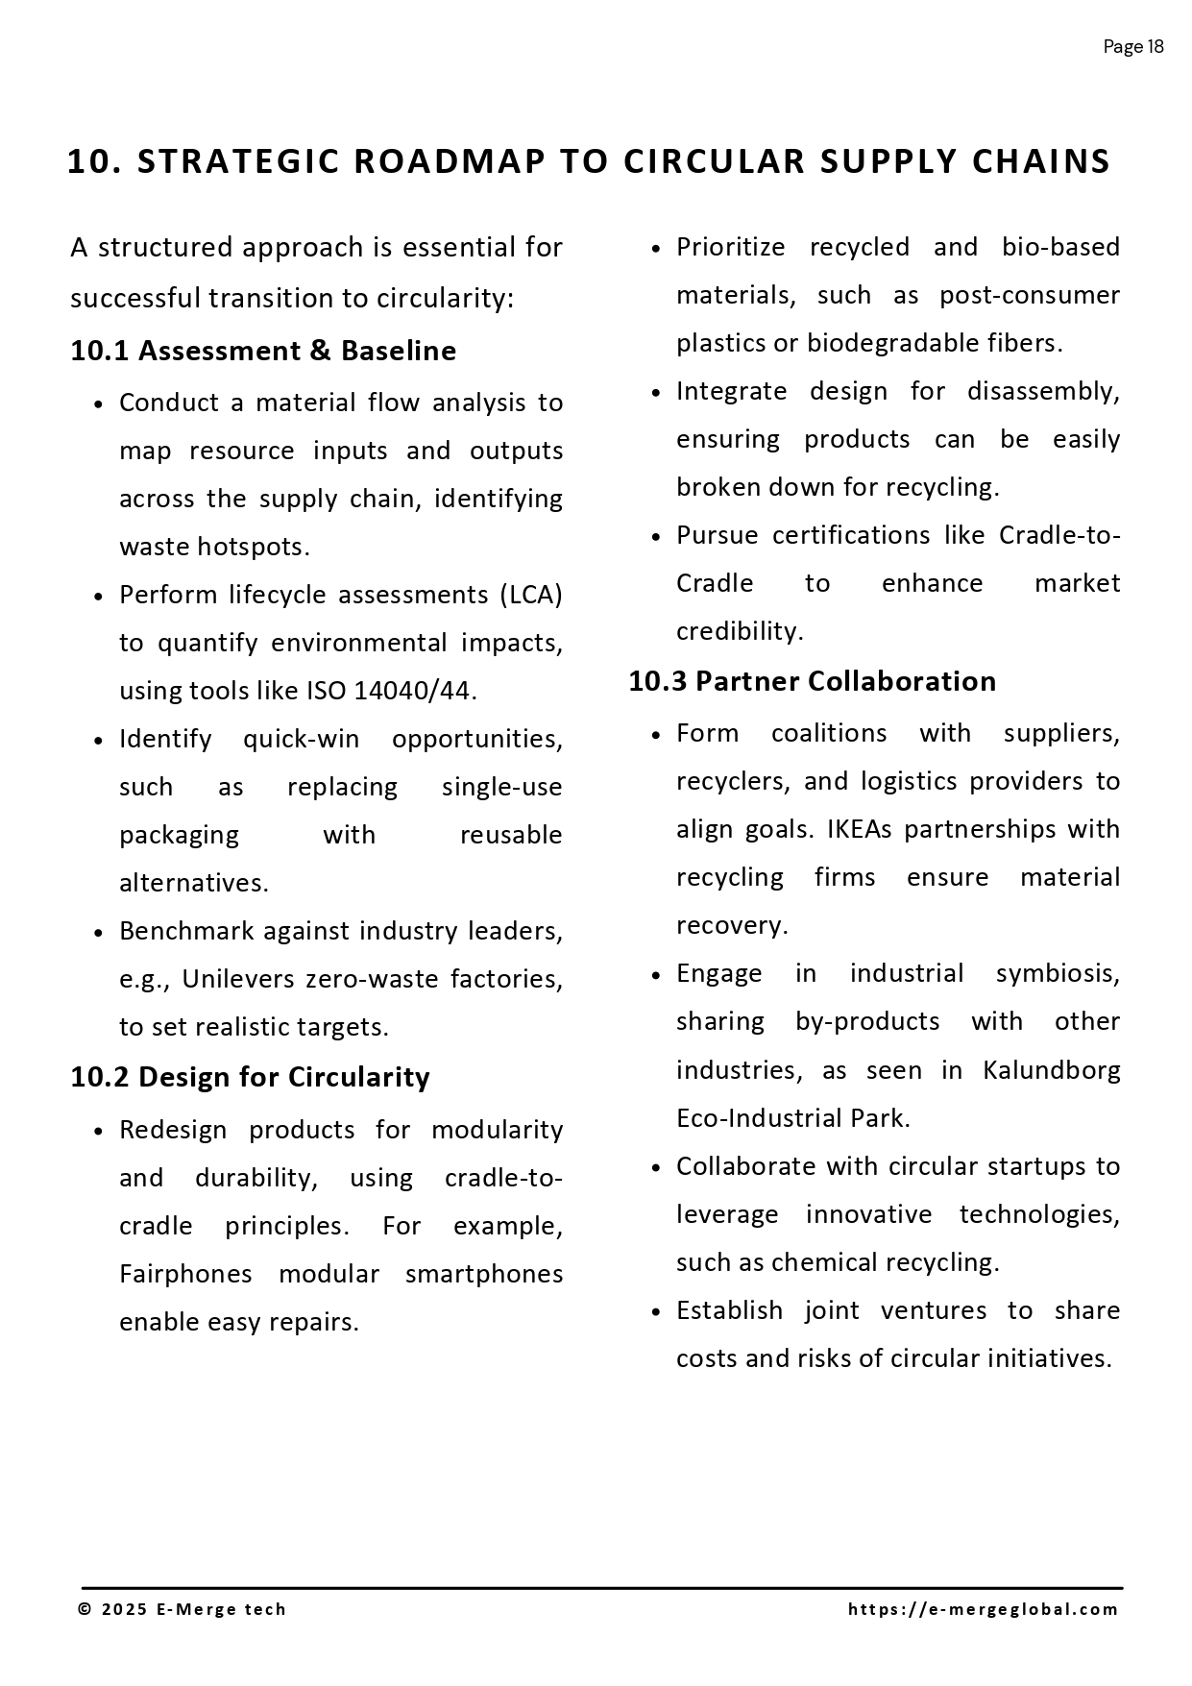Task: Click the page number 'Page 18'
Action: (x=1133, y=47)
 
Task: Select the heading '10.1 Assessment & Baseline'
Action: (x=263, y=351)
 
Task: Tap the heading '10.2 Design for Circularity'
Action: (x=250, y=1077)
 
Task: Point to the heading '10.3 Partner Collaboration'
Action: (x=813, y=681)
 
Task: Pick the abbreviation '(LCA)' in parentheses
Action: (x=530, y=595)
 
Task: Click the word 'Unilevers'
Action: (x=239, y=979)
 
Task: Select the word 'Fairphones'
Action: (x=185, y=1274)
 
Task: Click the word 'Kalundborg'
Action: (x=1051, y=1070)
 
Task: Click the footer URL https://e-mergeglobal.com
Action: (x=984, y=1609)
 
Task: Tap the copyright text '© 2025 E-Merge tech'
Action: (x=182, y=1609)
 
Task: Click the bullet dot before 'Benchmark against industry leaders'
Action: (x=99, y=933)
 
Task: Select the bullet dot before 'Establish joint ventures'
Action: (x=656, y=1312)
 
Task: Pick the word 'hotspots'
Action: (x=253, y=547)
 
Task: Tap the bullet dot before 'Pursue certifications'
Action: (x=656, y=536)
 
